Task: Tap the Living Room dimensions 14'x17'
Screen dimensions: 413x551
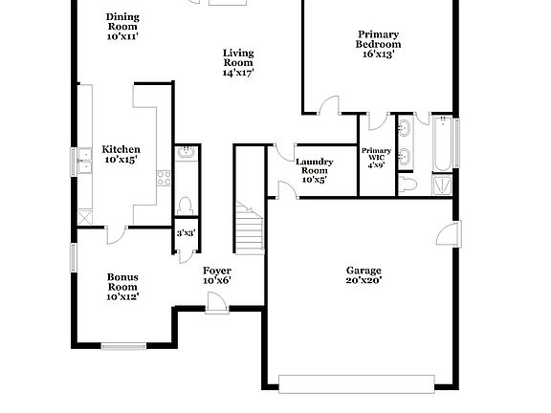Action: [238, 73]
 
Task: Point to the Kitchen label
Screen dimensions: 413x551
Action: [121, 150]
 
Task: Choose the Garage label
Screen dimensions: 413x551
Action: [364, 271]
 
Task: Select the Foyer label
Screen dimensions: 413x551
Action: [216, 271]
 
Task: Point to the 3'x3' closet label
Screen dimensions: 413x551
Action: [185, 233]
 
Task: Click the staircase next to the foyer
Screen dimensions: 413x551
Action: [250, 229]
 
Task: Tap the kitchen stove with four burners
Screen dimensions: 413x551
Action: [163, 178]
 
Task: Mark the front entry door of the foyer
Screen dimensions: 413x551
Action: [216, 302]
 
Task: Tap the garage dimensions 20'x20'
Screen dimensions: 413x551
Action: [364, 282]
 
